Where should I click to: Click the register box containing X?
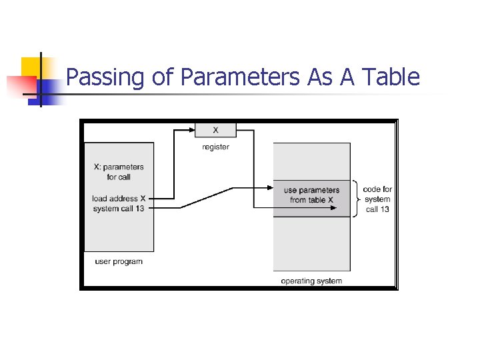pyautogui.click(x=215, y=129)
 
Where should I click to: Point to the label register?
pyautogui.click(x=215, y=147)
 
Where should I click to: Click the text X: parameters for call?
pyautogui.click(x=119, y=172)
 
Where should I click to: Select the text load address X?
pyautogui.click(x=119, y=198)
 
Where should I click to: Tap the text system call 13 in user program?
pyautogui.click(x=119, y=209)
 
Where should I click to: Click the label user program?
pyautogui.click(x=119, y=261)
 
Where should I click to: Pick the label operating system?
pyautogui.click(x=311, y=281)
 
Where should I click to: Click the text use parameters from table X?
pyautogui.click(x=311, y=195)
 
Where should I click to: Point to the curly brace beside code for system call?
pyautogui.click(x=357, y=198)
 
